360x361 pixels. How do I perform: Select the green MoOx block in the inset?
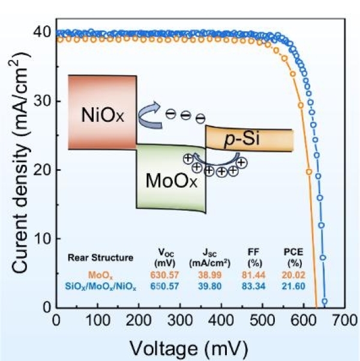170,178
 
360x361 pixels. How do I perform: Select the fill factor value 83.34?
253,285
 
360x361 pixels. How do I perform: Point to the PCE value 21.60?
295,285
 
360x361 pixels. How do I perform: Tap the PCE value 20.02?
295,275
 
